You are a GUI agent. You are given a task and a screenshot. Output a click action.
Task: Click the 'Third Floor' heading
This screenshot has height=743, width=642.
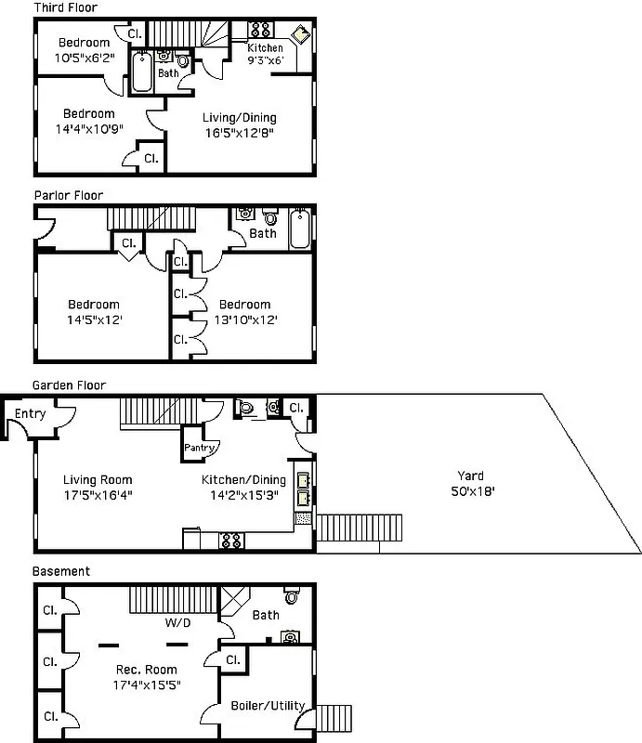point(65,7)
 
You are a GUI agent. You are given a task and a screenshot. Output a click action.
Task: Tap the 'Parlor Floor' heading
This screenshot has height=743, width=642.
point(68,195)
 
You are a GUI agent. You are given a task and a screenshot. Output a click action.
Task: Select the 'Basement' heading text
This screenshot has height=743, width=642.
point(61,571)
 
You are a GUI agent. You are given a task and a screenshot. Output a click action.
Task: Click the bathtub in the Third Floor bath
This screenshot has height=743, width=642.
point(141,72)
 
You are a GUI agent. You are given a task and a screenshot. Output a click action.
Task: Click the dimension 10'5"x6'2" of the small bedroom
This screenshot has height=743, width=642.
point(84,57)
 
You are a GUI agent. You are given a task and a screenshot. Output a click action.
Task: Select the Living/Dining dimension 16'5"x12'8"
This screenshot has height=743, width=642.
point(239,133)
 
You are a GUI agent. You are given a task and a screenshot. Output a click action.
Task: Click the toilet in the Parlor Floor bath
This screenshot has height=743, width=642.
point(270,218)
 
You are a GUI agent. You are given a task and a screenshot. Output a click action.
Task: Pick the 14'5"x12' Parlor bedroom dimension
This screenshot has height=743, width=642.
point(93,319)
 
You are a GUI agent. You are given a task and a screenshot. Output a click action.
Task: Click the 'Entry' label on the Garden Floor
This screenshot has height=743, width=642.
point(30,413)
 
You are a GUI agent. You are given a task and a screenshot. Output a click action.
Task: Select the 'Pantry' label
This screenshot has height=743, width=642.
point(199,448)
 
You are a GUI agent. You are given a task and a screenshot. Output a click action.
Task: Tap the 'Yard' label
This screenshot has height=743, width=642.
point(470,476)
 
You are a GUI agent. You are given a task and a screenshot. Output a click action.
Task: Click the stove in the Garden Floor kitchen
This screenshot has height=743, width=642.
point(231,541)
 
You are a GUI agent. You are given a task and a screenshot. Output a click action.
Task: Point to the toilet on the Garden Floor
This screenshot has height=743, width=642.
point(245,406)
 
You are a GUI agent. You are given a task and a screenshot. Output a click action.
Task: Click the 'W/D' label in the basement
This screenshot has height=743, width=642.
point(178,622)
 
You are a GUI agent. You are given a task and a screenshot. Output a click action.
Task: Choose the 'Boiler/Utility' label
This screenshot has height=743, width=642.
point(267,706)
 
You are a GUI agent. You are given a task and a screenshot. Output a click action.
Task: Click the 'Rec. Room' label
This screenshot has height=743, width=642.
point(146,670)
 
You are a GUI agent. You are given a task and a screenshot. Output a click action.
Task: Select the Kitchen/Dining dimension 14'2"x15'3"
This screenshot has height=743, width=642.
point(244,495)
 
